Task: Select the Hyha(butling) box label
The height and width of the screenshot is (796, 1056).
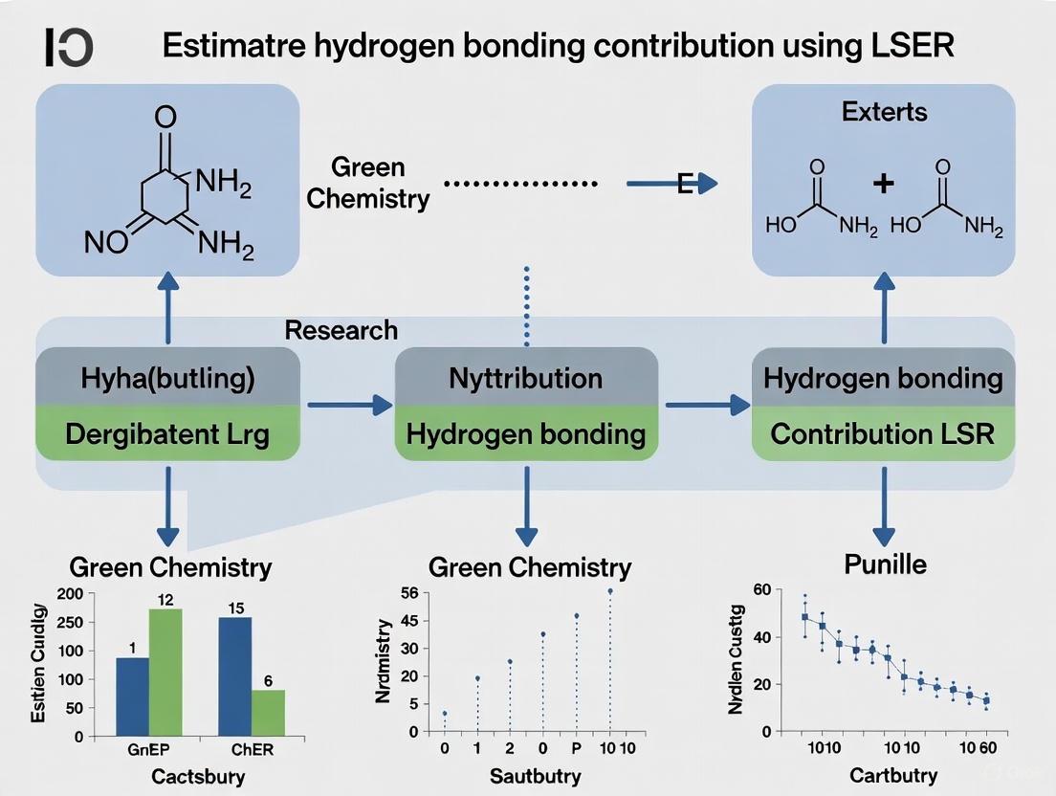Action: pos(167,378)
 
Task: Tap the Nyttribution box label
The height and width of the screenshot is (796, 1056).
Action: pos(525,378)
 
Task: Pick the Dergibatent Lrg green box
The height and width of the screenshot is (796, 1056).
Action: pos(167,434)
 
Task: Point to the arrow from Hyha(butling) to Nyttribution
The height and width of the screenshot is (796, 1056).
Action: pos(348,406)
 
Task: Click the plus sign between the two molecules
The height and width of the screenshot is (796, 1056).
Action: pos(883,184)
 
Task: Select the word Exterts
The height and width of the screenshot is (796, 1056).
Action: pos(884,112)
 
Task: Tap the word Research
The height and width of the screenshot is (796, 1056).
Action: pos(341,331)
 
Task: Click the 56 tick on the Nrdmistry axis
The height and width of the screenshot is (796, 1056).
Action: pos(409,593)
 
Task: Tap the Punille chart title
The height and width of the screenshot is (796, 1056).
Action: pos(885,564)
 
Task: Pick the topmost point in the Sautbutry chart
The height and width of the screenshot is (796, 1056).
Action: pos(609,590)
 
